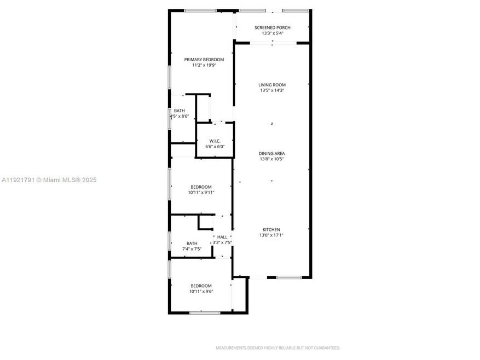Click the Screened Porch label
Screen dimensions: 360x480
[272, 27]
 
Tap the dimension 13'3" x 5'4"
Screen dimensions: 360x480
[272, 33]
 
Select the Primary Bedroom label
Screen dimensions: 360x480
[204, 59]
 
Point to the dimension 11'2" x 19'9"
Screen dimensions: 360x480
[204, 65]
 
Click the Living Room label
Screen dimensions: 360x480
[272, 85]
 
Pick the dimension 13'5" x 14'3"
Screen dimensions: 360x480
[272, 91]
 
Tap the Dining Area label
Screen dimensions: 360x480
[272, 154]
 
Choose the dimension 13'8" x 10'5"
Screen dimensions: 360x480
[272, 160]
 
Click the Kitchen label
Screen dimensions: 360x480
[272, 229]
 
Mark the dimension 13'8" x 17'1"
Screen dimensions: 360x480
[272, 235]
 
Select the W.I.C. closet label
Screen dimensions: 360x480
[215, 141]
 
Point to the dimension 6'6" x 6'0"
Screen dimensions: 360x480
[215, 147]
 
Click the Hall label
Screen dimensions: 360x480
[222, 237]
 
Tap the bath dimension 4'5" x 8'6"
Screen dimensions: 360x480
[180, 116]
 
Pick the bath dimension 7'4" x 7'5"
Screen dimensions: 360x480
[192, 249]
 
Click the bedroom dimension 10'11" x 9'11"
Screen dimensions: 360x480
[201, 193]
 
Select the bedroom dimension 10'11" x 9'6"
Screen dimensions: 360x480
[201, 292]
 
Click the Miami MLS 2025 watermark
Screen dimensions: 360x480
[49, 179]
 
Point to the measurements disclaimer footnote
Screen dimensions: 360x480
[277, 348]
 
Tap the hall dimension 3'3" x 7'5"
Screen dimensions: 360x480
[222, 242]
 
